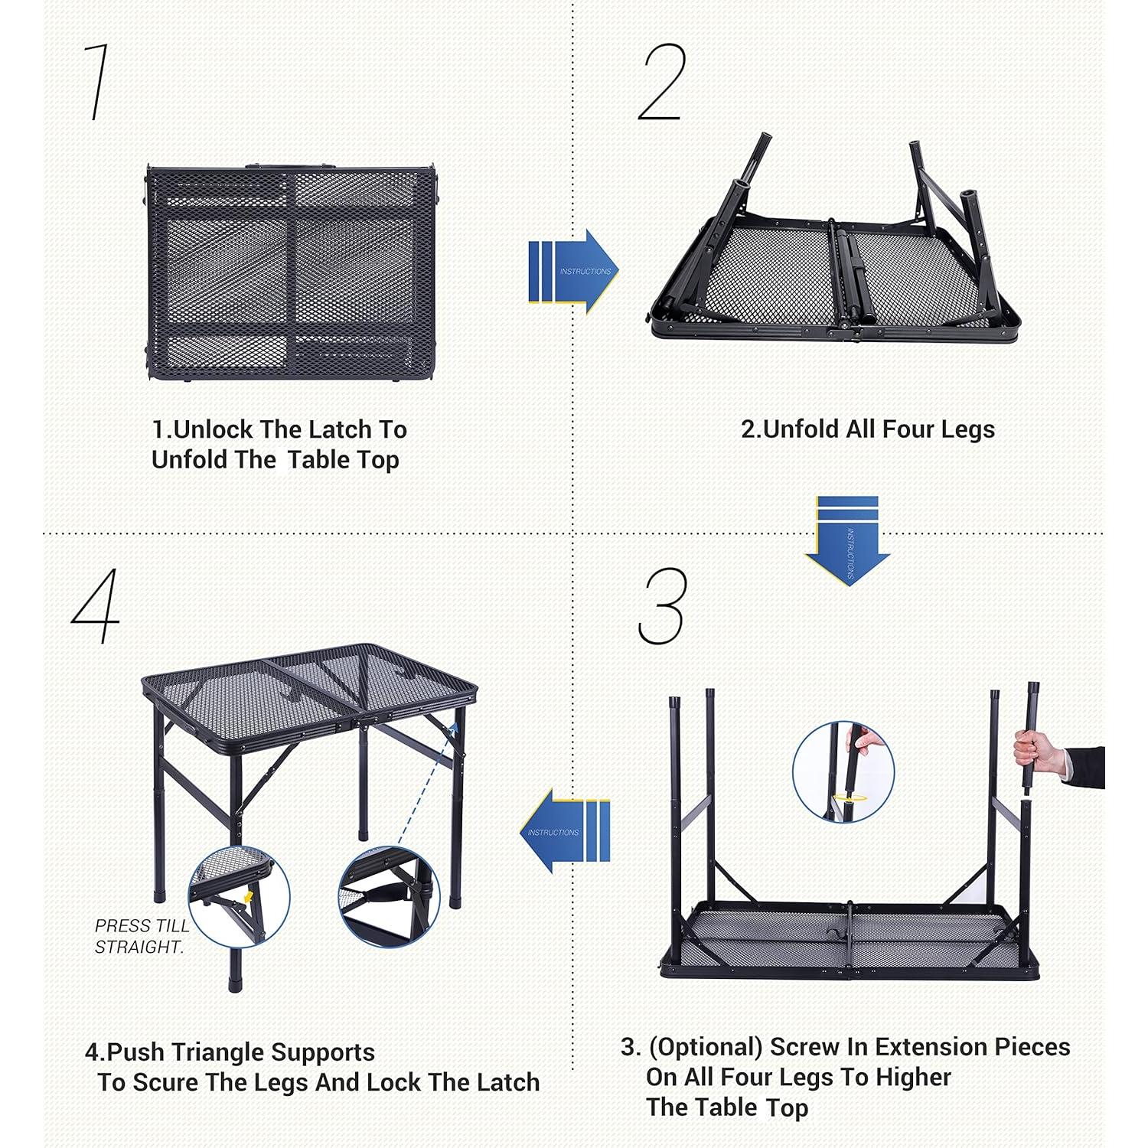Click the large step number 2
[662, 82]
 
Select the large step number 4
[96, 606]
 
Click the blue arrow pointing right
[574, 271]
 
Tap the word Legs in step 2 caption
[967, 429]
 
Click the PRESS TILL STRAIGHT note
[141, 936]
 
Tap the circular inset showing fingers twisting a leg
[843, 771]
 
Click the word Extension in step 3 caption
[921, 1046]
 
